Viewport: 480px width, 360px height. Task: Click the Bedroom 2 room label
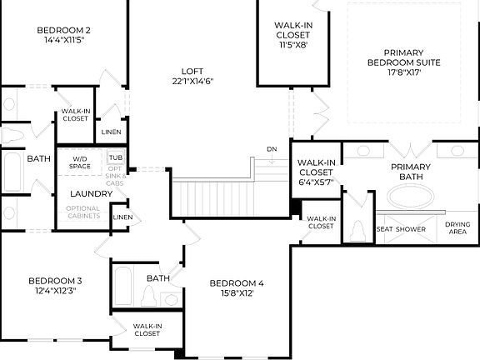tap(64, 32)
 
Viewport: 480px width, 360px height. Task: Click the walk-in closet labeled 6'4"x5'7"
tap(316, 170)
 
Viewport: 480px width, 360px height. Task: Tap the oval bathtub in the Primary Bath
tap(409, 198)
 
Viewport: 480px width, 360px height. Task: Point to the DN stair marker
tap(271, 149)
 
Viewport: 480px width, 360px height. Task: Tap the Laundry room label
tap(80, 193)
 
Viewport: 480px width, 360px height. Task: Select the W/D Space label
tap(80, 162)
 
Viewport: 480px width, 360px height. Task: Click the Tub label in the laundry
tap(115, 157)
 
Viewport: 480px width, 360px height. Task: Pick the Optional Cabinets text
tap(82, 212)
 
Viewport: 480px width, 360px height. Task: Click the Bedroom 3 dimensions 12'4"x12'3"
tap(55, 291)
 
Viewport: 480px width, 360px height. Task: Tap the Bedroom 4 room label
tap(237, 282)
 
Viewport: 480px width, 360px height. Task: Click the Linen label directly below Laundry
tap(122, 217)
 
